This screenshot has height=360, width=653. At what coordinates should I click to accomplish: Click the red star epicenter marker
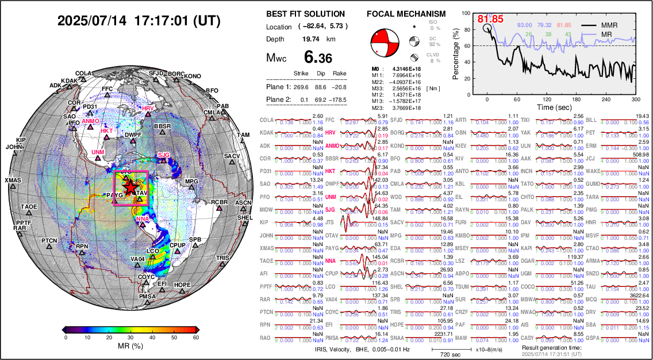[130, 187]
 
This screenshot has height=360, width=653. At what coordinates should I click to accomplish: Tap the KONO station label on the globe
[193, 76]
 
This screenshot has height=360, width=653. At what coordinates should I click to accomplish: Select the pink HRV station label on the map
[148, 109]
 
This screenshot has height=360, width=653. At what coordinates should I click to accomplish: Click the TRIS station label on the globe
[223, 258]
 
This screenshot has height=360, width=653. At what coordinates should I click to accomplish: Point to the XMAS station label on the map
[13, 181]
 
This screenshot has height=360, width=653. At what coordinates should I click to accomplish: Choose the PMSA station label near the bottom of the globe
[148, 297]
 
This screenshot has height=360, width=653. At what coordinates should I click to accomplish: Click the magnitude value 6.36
[318, 58]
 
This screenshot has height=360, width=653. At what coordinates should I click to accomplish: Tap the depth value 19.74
[311, 39]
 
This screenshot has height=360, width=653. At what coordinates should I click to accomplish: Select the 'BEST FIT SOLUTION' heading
[305, 14]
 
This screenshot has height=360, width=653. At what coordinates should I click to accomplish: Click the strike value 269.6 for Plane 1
[302, 87]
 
